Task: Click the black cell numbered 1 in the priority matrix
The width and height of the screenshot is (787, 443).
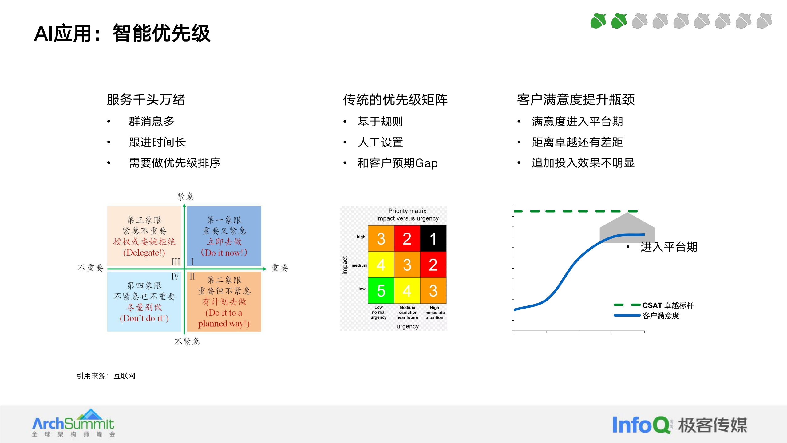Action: (x=433, y=239)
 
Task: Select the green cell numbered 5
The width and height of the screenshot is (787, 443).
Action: (x=381, y=291)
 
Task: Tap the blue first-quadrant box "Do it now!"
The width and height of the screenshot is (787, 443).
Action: (x=224, y=236)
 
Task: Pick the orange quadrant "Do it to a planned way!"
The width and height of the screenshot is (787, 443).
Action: (x=224, y=301)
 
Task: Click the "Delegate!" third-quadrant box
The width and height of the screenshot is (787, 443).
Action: (x=144, y=236)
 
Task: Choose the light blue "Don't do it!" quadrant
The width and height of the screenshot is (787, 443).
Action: (x=144, y=301)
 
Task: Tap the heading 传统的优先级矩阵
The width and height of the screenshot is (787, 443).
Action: (x=395, y=100)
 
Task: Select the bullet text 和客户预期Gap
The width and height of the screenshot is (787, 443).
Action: (x=397, y=163)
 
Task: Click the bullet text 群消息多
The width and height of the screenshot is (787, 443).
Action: (x=152, y=122)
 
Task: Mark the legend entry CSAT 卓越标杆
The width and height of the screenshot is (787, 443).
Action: (x=668, y=305)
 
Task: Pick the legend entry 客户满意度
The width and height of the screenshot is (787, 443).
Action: (x=661, y=316)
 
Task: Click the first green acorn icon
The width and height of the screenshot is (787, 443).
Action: (x=598, y=21)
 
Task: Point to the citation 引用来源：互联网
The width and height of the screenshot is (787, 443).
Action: (x=106, y=376)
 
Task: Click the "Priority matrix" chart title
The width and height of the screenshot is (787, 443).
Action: (x=407, y=211)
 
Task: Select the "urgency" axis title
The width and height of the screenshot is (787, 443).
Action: (x=407, y=326)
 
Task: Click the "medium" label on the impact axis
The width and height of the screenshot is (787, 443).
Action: (x=359, y=265)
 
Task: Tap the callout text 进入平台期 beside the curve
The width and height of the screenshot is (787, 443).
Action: (x=669, y=247)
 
